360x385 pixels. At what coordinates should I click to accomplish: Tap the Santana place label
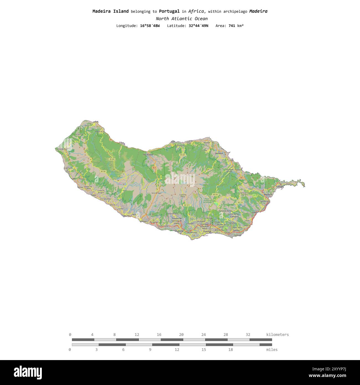click(x=219, y=153)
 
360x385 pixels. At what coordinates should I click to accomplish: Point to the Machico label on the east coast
click(x=268, y=195)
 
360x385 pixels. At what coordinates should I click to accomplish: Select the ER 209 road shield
click(x=112, y=159)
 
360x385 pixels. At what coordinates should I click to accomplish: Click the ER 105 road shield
click(x=103, y=171)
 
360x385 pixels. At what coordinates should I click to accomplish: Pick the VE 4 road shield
click(x=154, y=168)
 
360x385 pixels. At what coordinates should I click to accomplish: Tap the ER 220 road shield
click(x=182, y=155)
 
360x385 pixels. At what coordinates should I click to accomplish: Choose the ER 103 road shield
click(x=215, y=195)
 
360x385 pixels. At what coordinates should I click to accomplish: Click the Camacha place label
click(x=234, y=217)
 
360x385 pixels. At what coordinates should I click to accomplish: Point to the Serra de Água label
click(x=156, y=193)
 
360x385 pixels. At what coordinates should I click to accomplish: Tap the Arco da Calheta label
click(x=106, y=199)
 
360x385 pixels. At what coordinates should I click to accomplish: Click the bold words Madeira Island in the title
click(x=110, y=11)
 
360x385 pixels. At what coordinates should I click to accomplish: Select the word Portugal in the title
click(x=169, y=11)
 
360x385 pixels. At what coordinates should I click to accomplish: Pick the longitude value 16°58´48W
click(x=150, y=26)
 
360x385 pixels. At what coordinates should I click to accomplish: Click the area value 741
click(x=232, y=26)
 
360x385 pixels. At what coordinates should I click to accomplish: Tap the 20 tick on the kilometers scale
click(x=181, y=335)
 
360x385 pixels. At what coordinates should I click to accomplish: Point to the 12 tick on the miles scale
click(x=177, y=350)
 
